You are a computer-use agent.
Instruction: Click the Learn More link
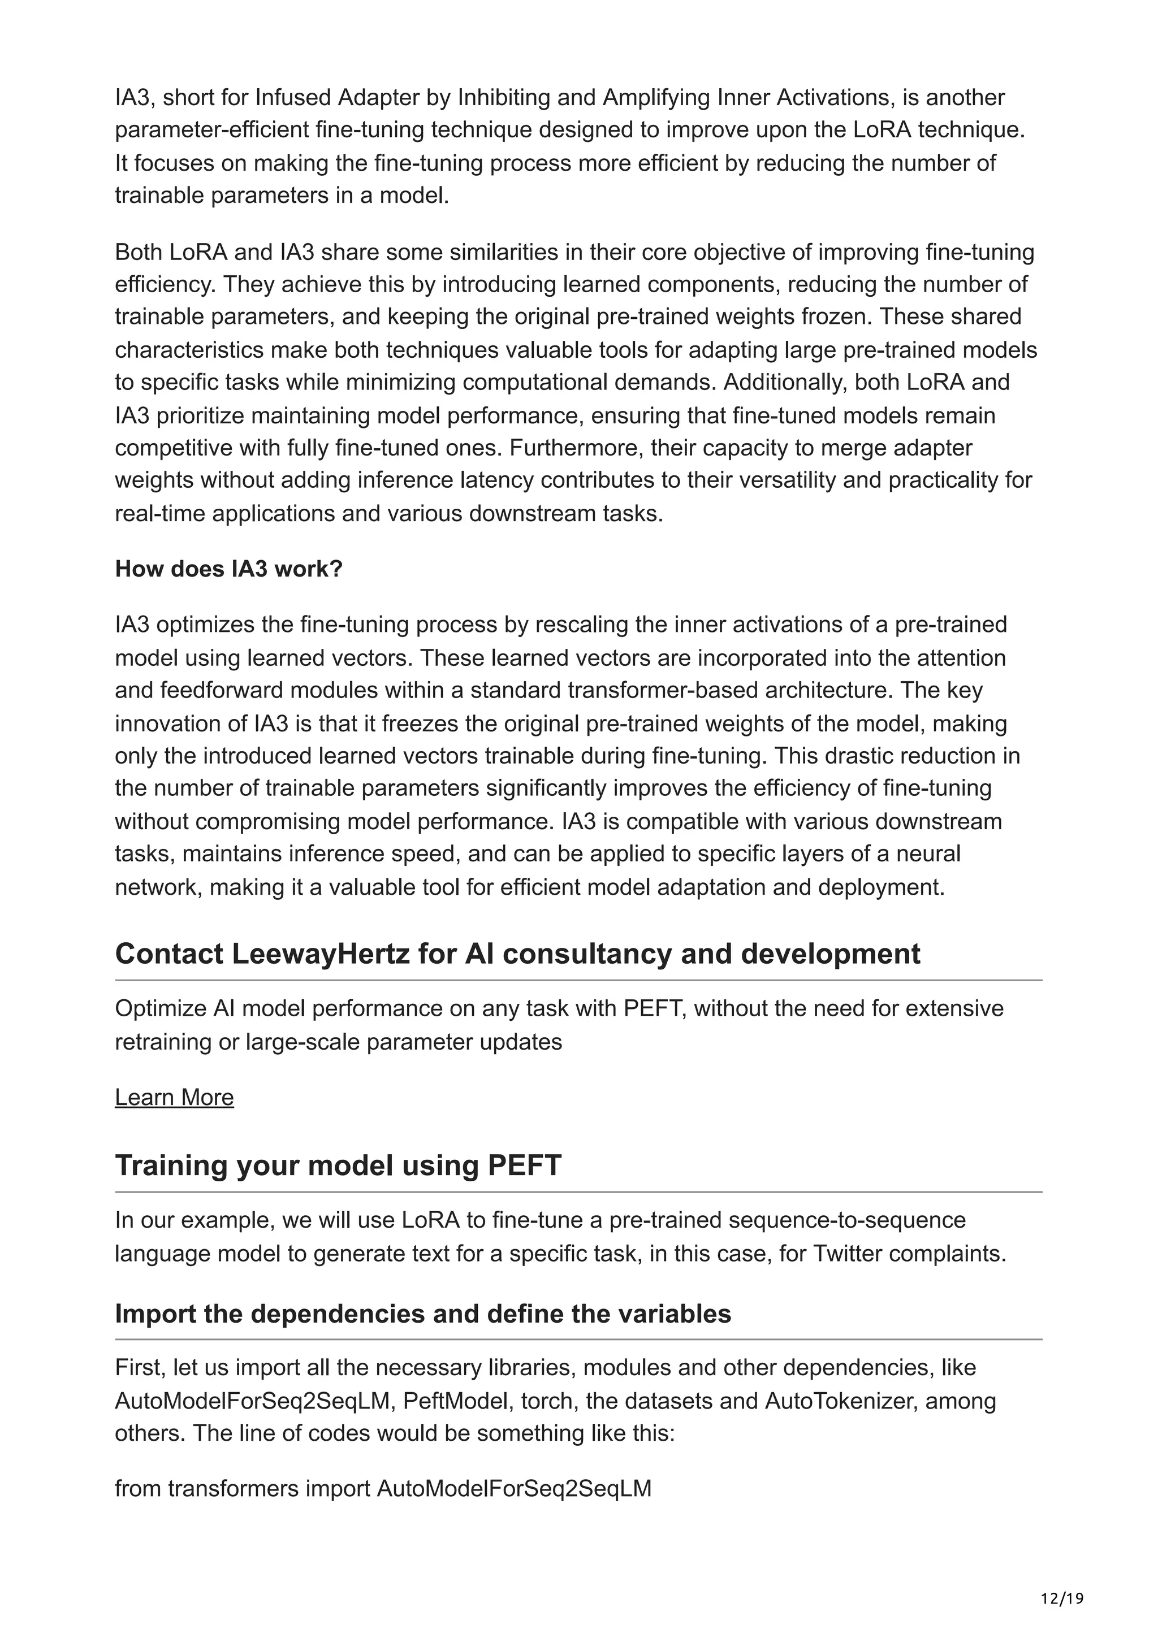[174, 1097]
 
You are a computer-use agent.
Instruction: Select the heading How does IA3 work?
[229, 569]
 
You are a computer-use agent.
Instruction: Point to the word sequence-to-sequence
[847, 1220]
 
